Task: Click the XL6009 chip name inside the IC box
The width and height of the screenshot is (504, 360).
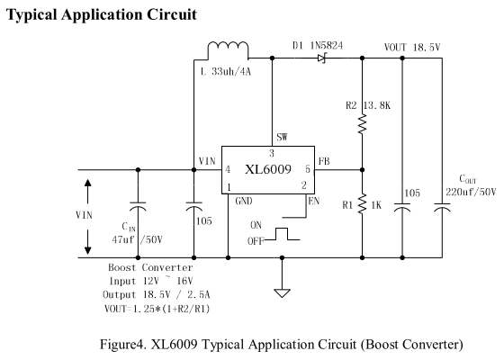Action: coord(268,169)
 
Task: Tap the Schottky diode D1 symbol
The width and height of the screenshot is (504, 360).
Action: coord(322,58)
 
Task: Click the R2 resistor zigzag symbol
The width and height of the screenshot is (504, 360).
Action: coord(362,124)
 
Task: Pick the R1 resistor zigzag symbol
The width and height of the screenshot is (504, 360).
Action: coord(362,203)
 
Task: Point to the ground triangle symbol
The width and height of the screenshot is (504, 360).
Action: coord(282,293)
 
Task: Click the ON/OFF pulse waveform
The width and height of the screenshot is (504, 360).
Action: coord(283,234)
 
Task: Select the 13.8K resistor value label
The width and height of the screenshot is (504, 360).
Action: coord(377,105)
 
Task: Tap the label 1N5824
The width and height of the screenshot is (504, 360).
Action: coord(327,46)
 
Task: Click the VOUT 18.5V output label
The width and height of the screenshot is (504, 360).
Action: coord(412,48)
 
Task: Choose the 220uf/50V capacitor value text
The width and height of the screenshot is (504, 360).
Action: coord(471,193)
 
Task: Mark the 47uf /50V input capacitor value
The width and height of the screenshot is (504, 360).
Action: coord(137,239)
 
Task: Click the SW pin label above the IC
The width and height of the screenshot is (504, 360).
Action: coord(282,137)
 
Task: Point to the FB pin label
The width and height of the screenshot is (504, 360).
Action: coord(324,161)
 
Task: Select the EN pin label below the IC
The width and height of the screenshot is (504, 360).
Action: coord(314,202)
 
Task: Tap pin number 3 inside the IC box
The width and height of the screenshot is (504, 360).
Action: coord(272,153)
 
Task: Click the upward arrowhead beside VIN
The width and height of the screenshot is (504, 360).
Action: coord(88,183)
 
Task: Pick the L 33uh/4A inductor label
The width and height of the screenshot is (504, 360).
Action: coord(226,71)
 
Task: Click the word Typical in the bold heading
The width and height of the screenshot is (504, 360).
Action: coord(31,14)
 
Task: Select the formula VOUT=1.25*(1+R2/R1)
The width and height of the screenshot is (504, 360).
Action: coord(157,309)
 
